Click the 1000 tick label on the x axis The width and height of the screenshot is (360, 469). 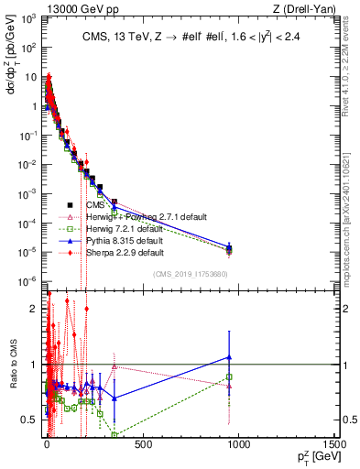[x=238, y=445]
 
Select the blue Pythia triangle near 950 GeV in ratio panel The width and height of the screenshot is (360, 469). [x=229, y=357]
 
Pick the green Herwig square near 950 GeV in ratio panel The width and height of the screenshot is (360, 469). [x=229, y=376]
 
